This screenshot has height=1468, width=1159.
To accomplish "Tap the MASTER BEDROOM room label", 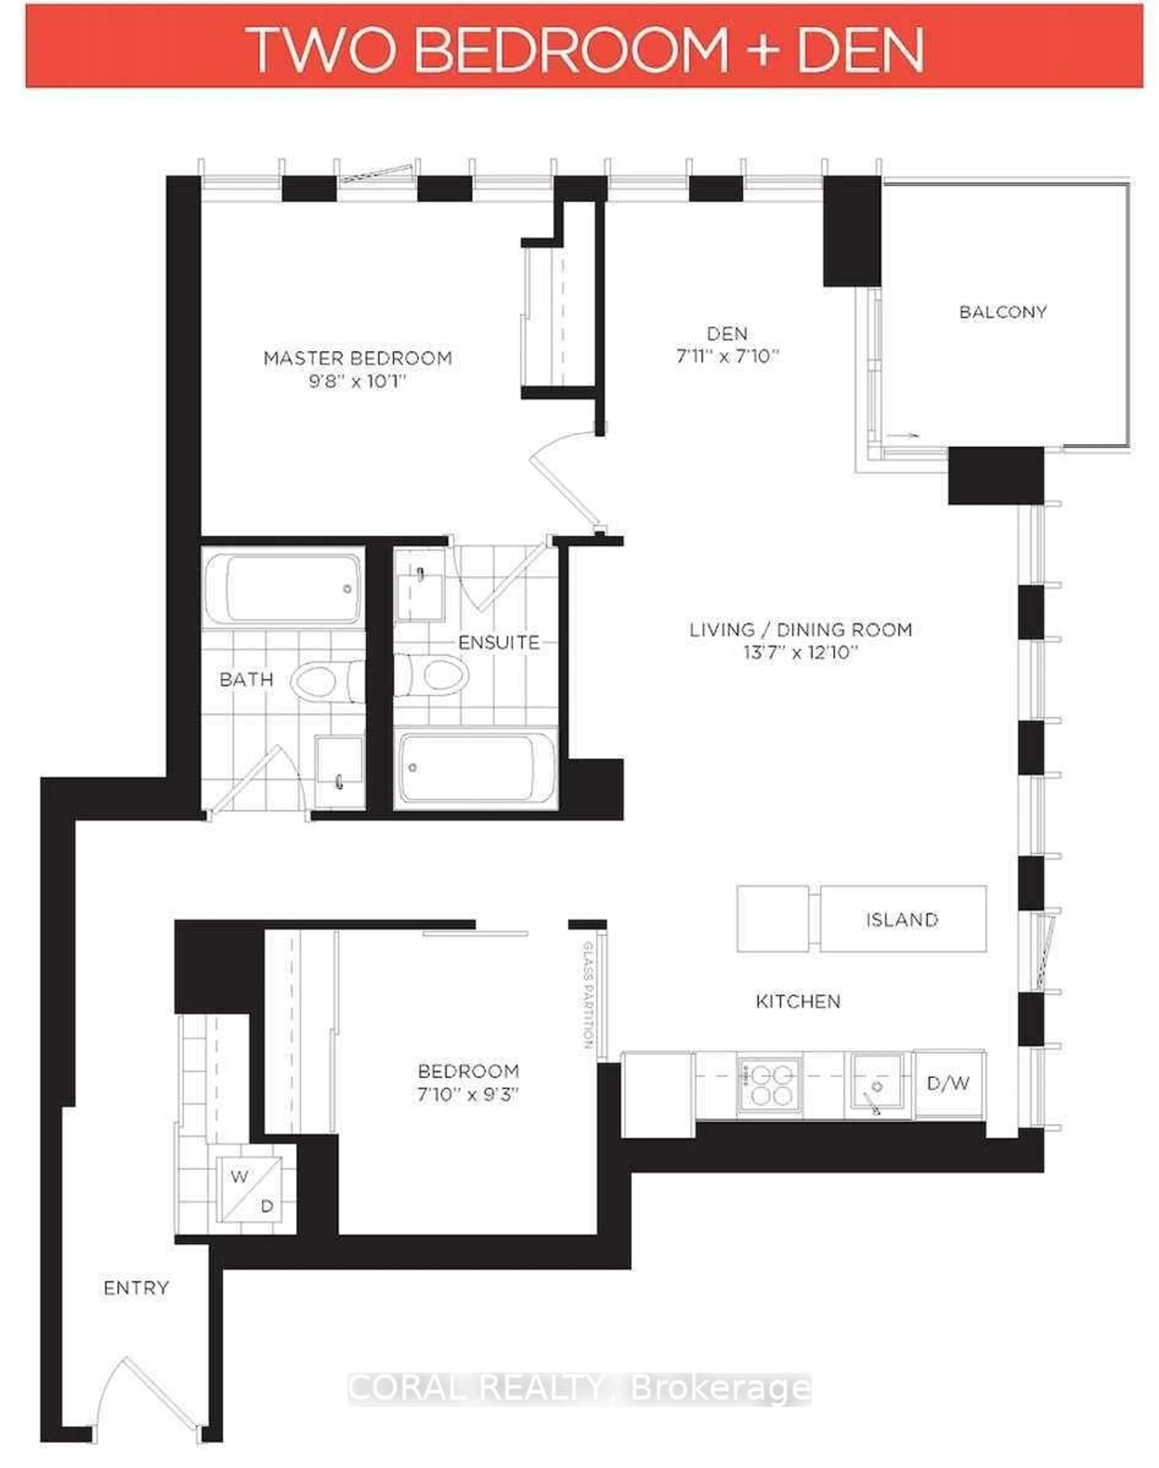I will tap(358, 358).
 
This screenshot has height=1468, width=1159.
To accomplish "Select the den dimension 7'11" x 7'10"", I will tap(727, 356).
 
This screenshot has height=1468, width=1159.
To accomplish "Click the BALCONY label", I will tap(1002, 312).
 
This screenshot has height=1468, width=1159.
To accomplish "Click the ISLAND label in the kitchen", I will tap(902, 920).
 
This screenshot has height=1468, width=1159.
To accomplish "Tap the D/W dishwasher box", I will tap(948, 1083).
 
